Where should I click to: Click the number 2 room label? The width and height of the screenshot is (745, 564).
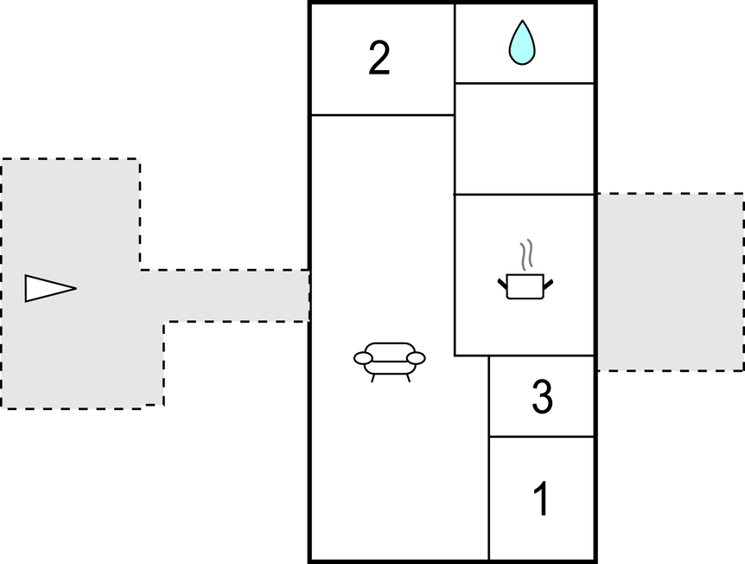click(379, 59)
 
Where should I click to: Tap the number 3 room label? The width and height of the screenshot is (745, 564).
click(541, 397)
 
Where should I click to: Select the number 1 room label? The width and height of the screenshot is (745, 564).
click(541, 499)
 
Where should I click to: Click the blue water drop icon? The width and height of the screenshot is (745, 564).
click(522, 43)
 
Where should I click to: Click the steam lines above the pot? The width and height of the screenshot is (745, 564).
click(525, 256)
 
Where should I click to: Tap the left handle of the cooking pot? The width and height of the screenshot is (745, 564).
click(503, 281)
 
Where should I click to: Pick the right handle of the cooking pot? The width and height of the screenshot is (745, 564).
click(547, 281)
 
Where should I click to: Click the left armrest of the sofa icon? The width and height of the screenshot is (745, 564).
click(363, 358)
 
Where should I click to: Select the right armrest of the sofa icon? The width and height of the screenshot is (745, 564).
click(416, 357)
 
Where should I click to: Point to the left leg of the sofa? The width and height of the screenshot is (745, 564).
click(373, 376)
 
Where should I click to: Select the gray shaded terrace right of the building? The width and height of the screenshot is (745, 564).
click(669, 282)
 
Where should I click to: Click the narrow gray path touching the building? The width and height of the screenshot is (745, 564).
click(233, 296)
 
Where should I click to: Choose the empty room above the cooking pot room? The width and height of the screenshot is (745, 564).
click(524, 138)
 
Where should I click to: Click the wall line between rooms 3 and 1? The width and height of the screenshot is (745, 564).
click(541, 437)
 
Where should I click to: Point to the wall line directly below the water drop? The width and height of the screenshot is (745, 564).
click(524, 83)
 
